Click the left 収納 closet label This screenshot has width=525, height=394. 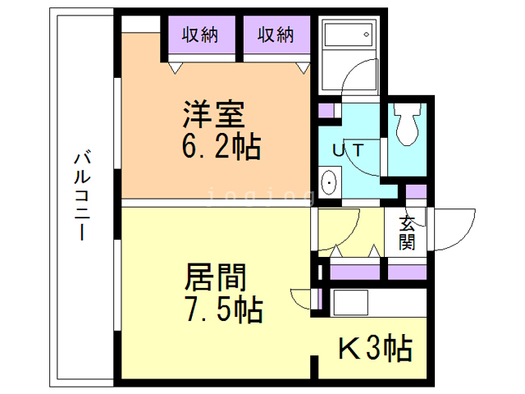(x=199, y=34)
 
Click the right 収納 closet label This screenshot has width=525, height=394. (x=276, y=34)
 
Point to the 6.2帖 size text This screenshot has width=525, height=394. (x=221, y=148)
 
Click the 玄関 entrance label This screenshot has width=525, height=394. (x=408, y=231)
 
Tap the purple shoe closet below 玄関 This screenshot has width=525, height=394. (x=407, y=272)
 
